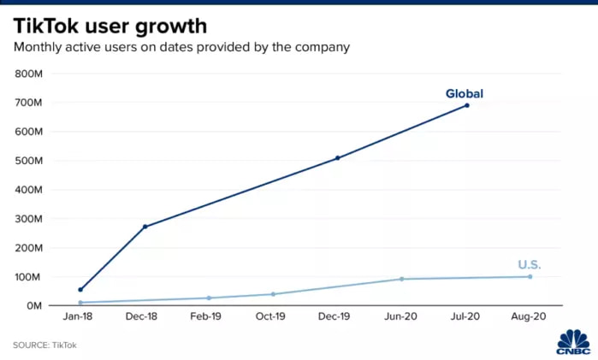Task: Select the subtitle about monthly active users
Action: (181, 47)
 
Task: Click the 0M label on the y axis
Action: (35, 305)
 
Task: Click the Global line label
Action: (465, 93)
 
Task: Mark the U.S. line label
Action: (530, 265)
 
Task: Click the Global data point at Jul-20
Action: (466, 105)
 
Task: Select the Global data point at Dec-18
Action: (145, 227)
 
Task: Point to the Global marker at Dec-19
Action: (338, 158)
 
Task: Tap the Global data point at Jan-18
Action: (80, 290)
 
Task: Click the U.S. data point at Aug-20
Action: (530, 276)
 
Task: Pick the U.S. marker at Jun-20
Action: (402, 279)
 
